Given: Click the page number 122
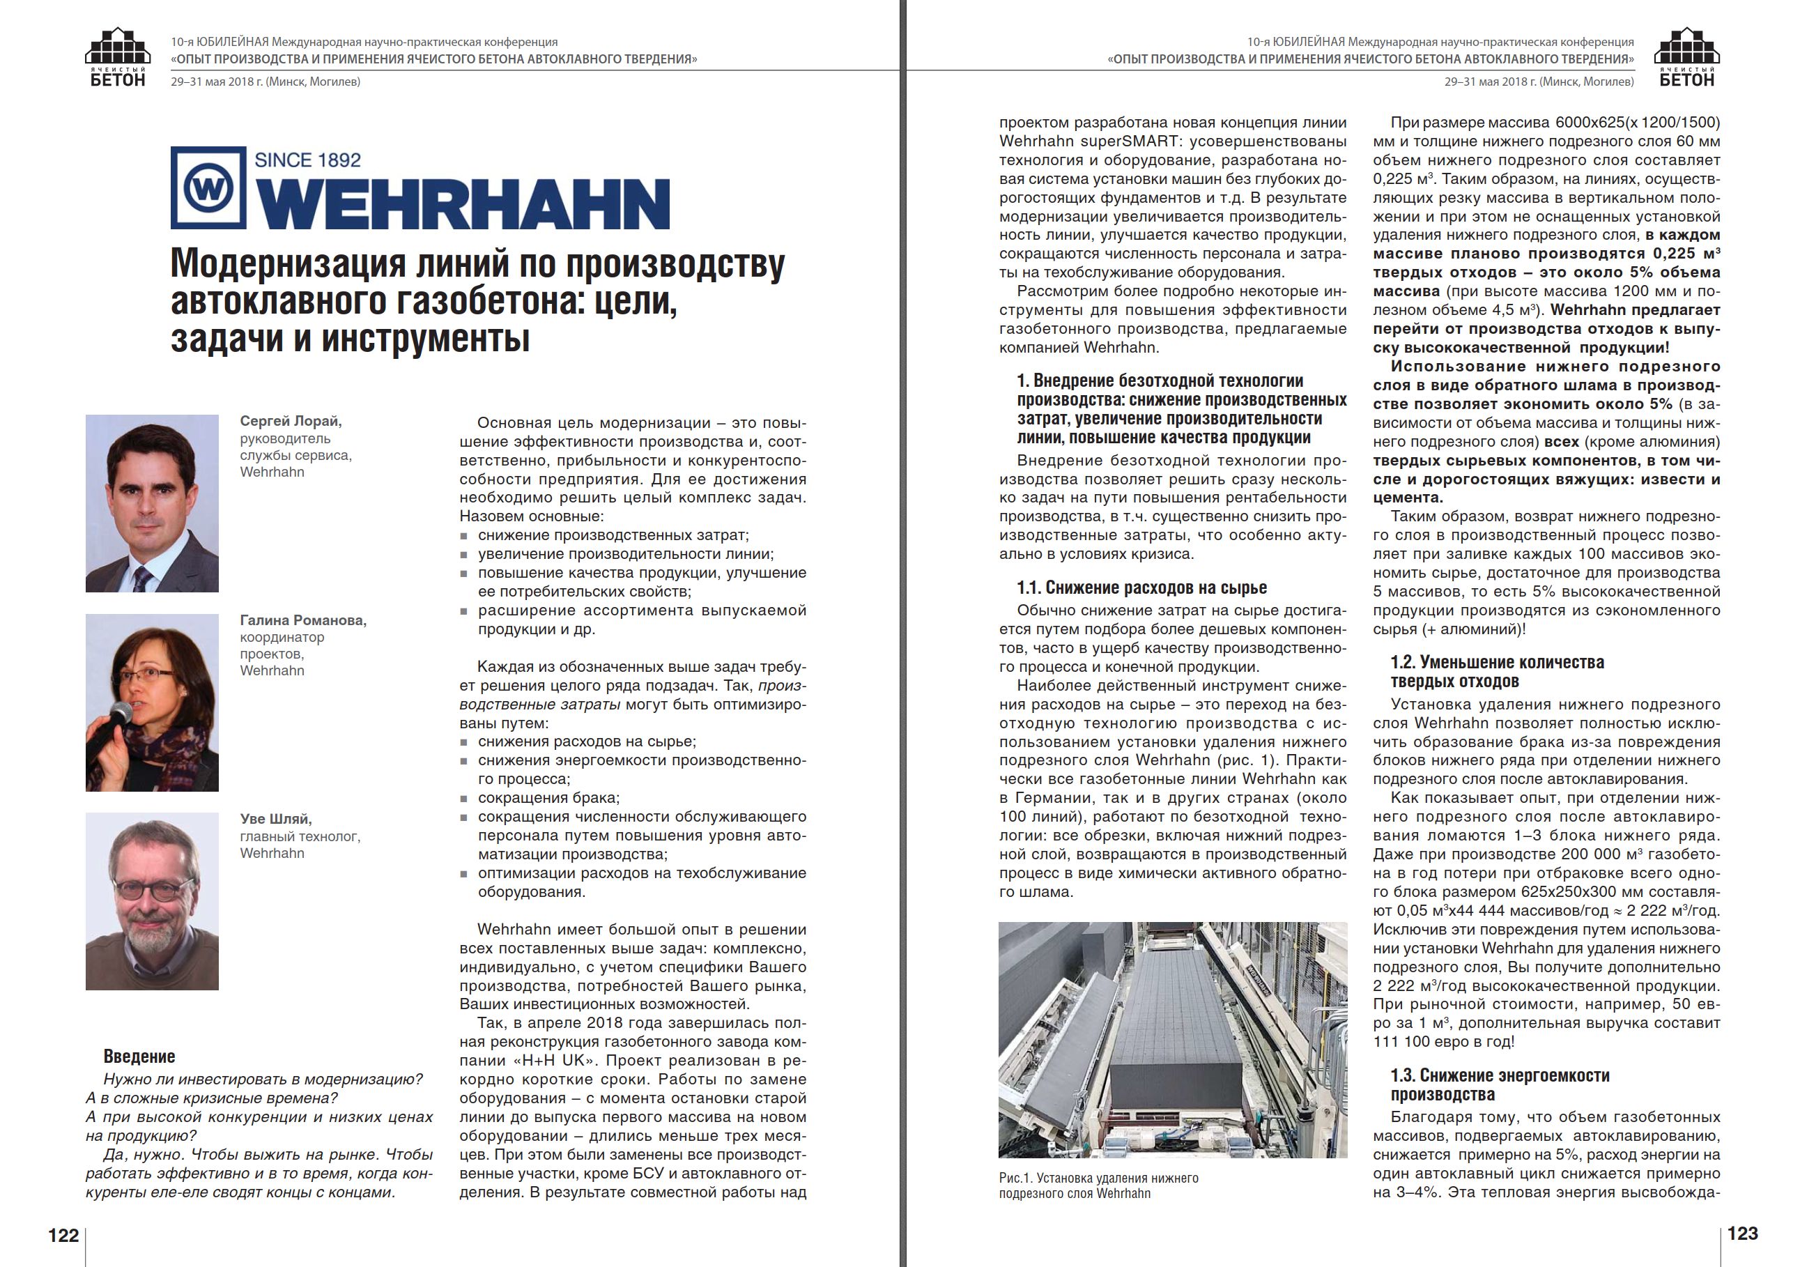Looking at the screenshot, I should point(63,1236).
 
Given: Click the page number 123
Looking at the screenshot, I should point(1742,1234).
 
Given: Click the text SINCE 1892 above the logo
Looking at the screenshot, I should point(307,160).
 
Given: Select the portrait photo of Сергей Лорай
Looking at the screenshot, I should point(152,502).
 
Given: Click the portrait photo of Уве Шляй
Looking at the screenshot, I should point(152,901).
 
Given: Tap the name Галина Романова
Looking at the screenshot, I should point(302,620).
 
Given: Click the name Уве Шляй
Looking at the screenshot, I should point(276,818).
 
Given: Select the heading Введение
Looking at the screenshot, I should point(139,1056).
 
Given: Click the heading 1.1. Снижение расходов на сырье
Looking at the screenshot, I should point(1141,588).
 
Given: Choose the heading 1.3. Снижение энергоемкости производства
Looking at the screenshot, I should point(1500,1084).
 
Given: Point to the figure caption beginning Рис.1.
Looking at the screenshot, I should point(1098,1185).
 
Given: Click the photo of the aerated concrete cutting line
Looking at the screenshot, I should point(1172,1040).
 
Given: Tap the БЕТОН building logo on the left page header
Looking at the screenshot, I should point(118,56).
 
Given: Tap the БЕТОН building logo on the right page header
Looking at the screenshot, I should point(1686,56).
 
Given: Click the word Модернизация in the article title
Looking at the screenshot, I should point(287,264).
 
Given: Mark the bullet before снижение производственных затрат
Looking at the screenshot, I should point(464,535).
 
